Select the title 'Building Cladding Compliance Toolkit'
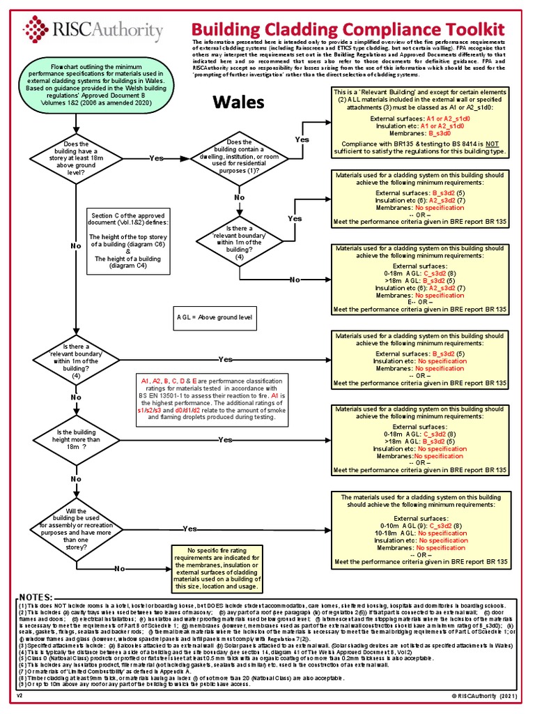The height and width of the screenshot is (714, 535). pyautogui.click(x=348, y=29)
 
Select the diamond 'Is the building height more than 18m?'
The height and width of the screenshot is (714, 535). pyautogui.click(x=75, y=440)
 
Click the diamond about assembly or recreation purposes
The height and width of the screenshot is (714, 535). pyautogui.click(x=75, y=529)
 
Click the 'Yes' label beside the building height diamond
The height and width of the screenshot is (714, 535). pyautogui.click(x=225, y=440)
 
